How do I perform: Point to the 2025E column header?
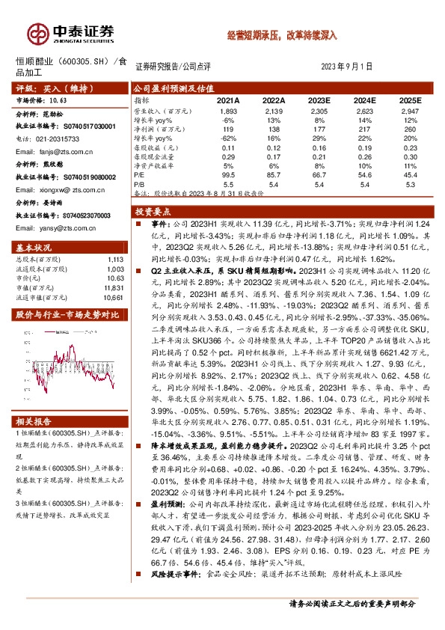pyautogui.click(x=410, y=100)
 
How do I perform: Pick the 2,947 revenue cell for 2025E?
pyautogui.click(x=410, y=110)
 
